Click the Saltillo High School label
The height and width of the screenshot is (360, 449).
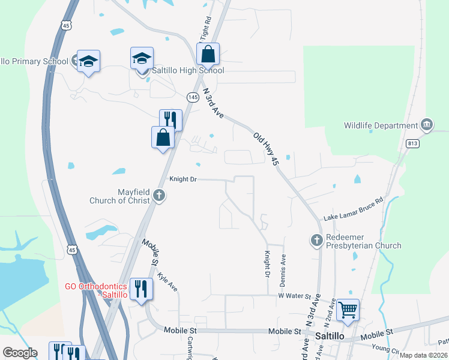click(x=188, y=70)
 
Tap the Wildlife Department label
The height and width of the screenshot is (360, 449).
click(x=381, y=125)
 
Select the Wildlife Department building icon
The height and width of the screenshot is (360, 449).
click(x=427, y=125)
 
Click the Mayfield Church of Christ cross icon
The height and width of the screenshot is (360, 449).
click(x=159, y=195)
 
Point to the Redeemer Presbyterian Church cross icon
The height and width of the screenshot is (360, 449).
click(x=317, y=240)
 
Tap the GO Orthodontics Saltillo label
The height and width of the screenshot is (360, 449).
click(x=96, y=290)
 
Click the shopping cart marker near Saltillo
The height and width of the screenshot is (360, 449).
click(x=348, y=310)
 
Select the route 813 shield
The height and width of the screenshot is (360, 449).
click(x=412, y=143)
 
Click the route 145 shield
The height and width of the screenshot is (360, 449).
click(x=193, y=97)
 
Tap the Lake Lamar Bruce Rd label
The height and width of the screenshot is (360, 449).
click(x=354, y=209)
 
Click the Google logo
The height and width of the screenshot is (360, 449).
click(x=20, y=353)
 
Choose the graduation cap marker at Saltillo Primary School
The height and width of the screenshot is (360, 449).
click(x=88, y=61)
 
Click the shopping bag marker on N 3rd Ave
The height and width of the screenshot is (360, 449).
click(x=208, y=55)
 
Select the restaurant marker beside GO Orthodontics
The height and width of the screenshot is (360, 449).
click(x=141, y=290)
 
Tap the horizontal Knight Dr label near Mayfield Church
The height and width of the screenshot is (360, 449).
click(x=182, y=179)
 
